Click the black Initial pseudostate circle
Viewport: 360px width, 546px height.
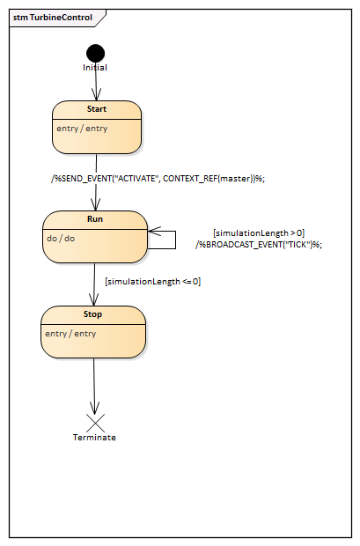pyautogui.click(x=95, y=53)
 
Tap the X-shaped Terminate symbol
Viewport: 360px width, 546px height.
pyautogui.click(x=95, y=423)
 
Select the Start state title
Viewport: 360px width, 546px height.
pyautogui.click(x=97, y=109)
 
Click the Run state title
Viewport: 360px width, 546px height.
pyautogui.click(x=95, y=219)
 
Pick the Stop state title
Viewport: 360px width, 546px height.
pyautogui.click(x=92, y=314)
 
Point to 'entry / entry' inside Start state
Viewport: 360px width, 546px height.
pyautogui.click(x=82, y=129)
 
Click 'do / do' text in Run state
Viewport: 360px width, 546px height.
pyautogui.click(x=61, y=239)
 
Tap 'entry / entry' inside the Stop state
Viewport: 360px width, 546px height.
pyautogui.click(x=70, y=334)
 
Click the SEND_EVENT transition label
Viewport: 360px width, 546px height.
pyautogui.click(x=158, y=179)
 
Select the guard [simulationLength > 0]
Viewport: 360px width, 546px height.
pyautogui.click(x=259, y=233)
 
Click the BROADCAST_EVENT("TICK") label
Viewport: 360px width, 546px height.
pyautogui.click(x=259, y=245)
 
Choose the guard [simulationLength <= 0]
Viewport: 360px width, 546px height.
pyautogui.click(x=153, y=281)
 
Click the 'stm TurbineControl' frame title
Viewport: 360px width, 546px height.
pyautogui.click(x=53, y=18)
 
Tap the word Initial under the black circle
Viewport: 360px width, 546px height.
pyautogui.click(x=95, y=68)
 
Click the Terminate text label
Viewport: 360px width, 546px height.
pyautogui.click(x=94, y=438)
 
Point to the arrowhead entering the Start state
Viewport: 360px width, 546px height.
pyautogui.click(x=97, y=95)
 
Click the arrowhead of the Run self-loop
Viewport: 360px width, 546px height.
pyautogui.click(x=153, y=231)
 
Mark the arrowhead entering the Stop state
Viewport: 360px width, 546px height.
pyautogui.click(x=93, y=300)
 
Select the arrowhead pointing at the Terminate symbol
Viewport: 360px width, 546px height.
pyautogui.click(x=95, y=408)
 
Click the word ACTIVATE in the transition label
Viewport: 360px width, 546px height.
pyautogui.click(x=136, y=179)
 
